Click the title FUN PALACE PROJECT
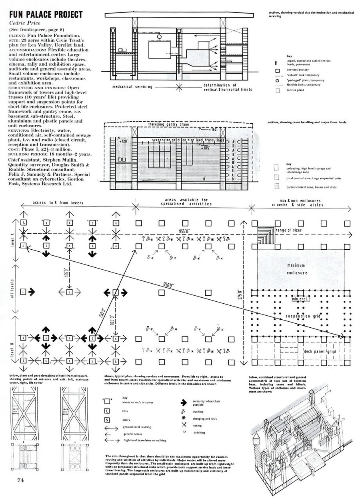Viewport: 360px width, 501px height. pyautogui.click(x=45, y=15)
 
